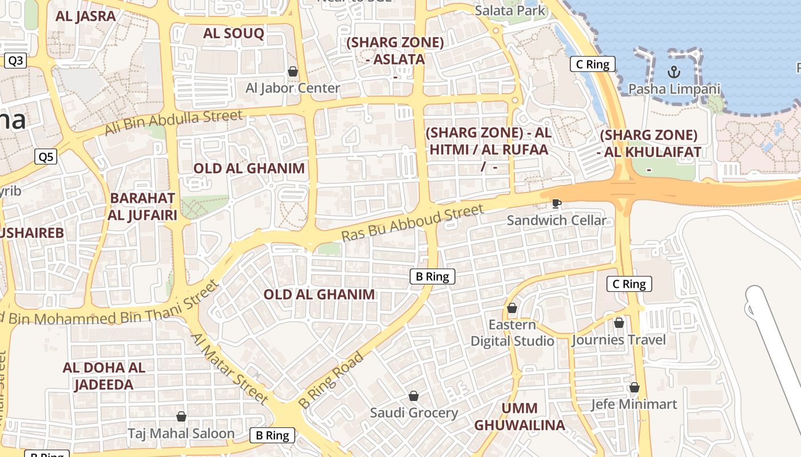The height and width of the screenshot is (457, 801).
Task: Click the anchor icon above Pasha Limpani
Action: pyautogui.click(x=673, y=72)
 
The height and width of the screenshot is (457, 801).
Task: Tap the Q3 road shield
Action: pyautogui.click(x=15, y=61)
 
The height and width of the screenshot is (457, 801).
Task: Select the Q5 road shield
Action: pyautogui.click(x=46, y=157)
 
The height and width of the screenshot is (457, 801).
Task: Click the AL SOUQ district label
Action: pyautogui.click(x=233, y=33)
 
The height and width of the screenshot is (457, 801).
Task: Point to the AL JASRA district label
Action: pyautogui.click(x=86, y=16)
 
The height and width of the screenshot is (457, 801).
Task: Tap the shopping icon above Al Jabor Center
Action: pyautogui.click(x=293, y=71)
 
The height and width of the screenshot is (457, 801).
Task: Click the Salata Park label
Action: pyautogui.click(x=510, y=10)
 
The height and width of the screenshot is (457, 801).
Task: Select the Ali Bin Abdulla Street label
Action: pyautogui.click(x=173, y=123)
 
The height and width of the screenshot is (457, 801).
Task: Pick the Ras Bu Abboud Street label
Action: pyautogui.click(x=413, y=223)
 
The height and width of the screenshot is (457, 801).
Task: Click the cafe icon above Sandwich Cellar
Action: pyautogui.click(x=556, y=203)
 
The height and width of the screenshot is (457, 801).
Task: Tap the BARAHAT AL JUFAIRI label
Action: pyautogui.click(x=142, y=206)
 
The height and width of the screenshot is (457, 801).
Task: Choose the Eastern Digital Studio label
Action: pyautogui.click(x=512, y=333)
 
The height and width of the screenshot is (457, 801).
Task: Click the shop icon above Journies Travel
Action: pyautogui.click(x=618, y=323)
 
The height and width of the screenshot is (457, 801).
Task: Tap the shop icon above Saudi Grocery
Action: pyautogui.click(x=414, y=396)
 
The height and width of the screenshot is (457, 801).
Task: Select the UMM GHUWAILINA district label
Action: pyautogui.click(x=520, y=416)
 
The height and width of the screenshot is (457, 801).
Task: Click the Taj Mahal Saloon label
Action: pyautogui.click(x=181, y=434)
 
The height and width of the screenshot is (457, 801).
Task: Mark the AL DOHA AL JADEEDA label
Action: pyautogui.click(x=104, y=376)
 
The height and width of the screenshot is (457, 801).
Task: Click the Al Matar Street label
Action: pyautogui.click(x=229, y=368)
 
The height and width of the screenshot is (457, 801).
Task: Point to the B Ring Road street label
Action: pyautogui.click(x=331, y=380)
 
